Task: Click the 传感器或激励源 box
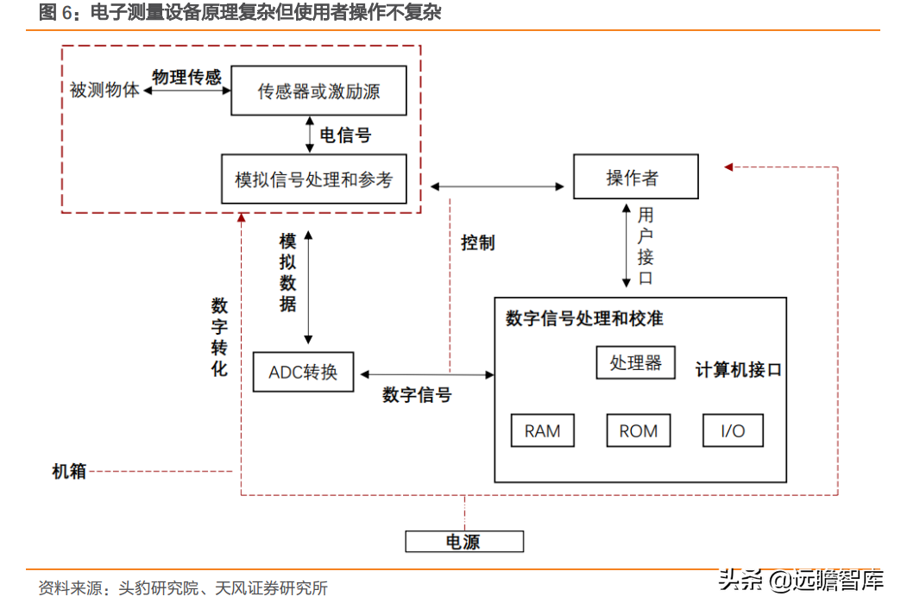point(318,91)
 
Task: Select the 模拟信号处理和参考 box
point(313,179)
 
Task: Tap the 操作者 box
point(635,177)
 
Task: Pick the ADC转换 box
point(303,372)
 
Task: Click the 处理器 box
point(635,362)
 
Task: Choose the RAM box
point(542,430)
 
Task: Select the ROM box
point(638,430)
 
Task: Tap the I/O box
point(733,430)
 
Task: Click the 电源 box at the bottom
point(464,542)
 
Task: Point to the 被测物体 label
point(104,90)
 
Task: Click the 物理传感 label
point(186,78)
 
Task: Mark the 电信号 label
point(345,135)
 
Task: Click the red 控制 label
point(477,242)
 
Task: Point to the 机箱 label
point(69,471)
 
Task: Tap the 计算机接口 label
point(739,370)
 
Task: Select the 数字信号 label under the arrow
point(417,395)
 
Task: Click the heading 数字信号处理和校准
point(584,318)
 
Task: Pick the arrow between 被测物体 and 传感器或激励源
point(186,90)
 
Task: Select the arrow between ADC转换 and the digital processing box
point(427,374)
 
